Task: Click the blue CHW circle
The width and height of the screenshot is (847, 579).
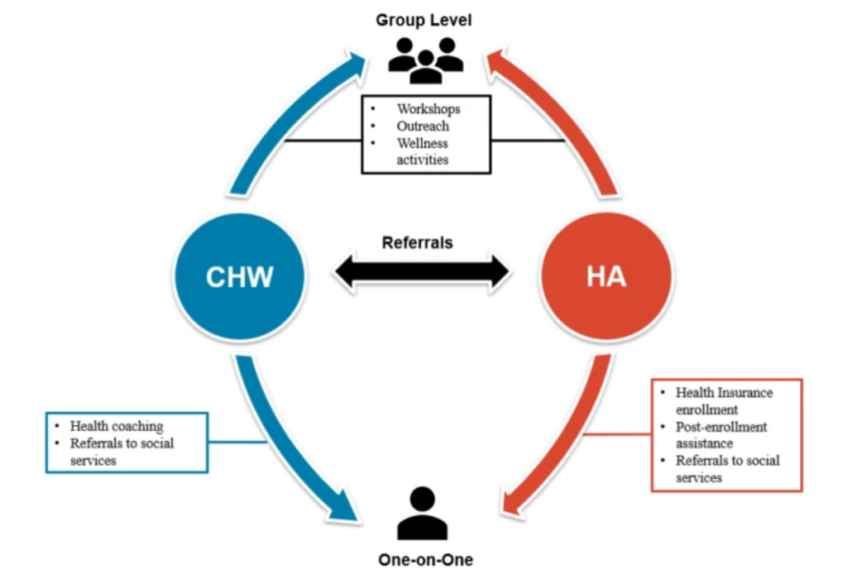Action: point(239,275)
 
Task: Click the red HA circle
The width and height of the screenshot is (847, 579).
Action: point(606,275)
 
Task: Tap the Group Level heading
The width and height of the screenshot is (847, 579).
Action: point(423,20)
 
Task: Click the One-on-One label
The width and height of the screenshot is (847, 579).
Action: point(425,560)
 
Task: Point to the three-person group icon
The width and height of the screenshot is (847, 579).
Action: point(425,59)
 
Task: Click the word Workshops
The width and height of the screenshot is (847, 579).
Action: point(428,109)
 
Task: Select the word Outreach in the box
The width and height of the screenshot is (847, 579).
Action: point(423,126)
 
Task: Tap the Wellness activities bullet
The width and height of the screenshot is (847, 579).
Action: point(423,151)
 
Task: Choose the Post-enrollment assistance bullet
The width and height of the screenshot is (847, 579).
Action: point(721,435)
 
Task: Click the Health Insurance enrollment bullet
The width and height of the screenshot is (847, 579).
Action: point(723,400)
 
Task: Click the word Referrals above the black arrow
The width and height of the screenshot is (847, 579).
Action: point(418,243)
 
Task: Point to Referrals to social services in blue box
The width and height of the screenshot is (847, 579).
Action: point(121,452)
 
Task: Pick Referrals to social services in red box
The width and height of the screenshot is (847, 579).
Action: point(726,469)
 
